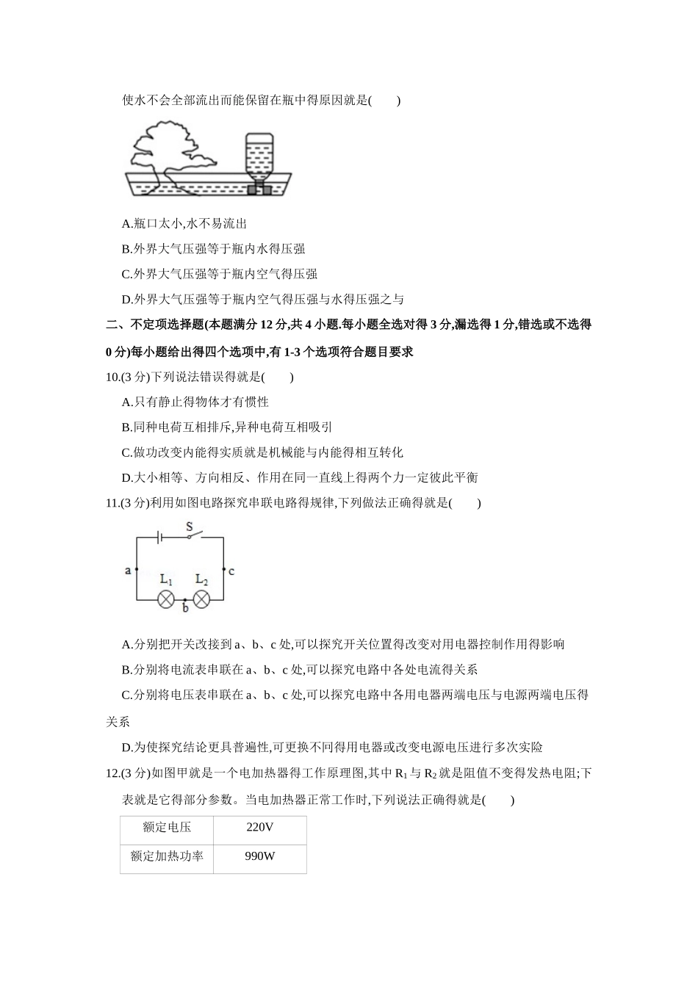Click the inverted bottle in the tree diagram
click(258, 157)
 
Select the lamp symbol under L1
click(166, 599)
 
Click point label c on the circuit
click(231, 571)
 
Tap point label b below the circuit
click(185, 609)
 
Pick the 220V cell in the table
click(259, 828)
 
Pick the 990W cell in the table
click(259, 856)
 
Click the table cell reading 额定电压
click(167, 828)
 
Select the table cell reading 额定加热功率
click(167, 856)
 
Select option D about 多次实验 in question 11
click(332, 748)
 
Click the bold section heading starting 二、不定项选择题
click(348, 325)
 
